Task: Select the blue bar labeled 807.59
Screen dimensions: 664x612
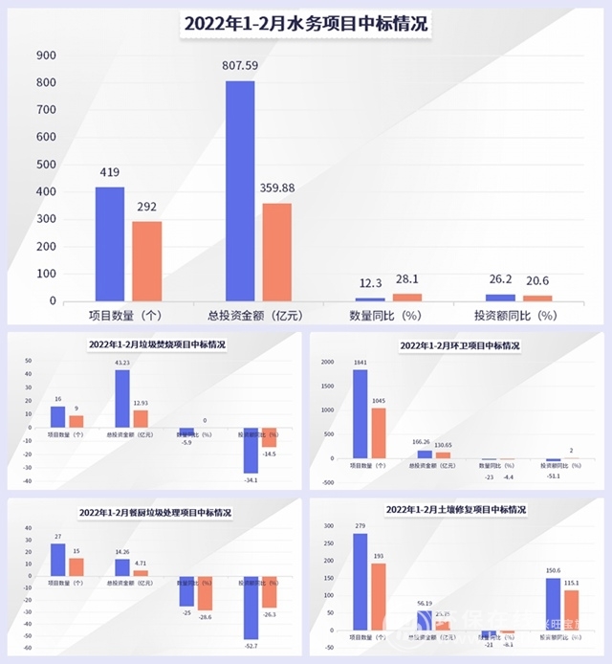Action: [x=240, y=191]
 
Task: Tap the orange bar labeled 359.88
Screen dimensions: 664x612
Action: [x=276, y=253]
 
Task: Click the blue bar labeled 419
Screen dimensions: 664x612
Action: [x=109, y=244]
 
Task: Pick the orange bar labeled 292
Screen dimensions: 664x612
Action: [x=146, y=261]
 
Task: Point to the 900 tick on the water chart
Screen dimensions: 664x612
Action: [x=46, y=55]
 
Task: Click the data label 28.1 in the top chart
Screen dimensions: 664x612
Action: [x=406, y=280]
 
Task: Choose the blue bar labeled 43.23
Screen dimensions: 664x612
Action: [x=122, y=399]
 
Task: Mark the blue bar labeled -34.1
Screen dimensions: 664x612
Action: [x=251, y=451]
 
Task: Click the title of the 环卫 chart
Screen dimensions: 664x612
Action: [x=459, y=344]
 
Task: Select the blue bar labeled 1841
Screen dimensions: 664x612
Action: [x=360, y=413]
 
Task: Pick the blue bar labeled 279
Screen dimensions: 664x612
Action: [x=360, y=583]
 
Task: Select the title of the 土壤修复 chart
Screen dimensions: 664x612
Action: [x=460, y=511]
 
